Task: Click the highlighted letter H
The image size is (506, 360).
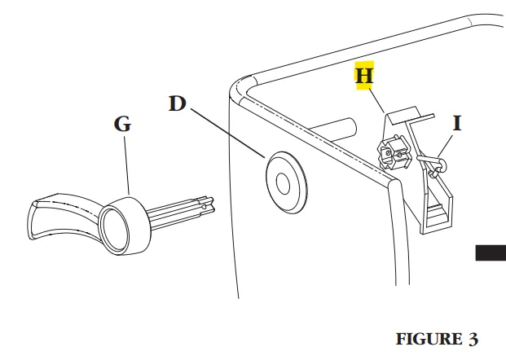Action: pyautogui.click(x=364, y=76)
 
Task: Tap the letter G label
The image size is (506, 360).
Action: pyautogui.click(x=121, y=125)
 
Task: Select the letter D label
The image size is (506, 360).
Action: pyautogui.click(x=178, y=103)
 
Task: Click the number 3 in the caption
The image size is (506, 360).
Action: pyautogui.click(x=473, y=338)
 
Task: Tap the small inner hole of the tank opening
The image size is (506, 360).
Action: pyautogui.click(x=283, y=182)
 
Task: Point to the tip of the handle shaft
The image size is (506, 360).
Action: pyautogui.click(x=213, y=204)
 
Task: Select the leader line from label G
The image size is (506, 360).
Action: pyautogui.click(x=126, y=167)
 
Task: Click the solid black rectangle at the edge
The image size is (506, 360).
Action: pyautogui.click(x=490, y=252)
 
